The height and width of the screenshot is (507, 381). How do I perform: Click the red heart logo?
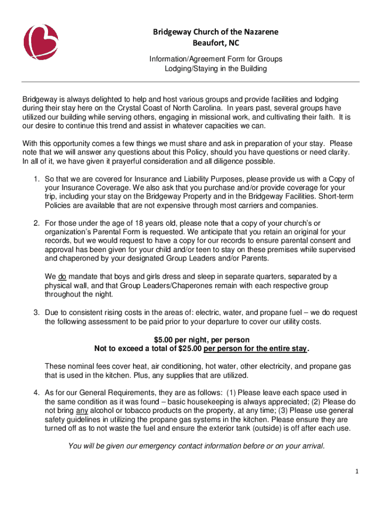[42, 42]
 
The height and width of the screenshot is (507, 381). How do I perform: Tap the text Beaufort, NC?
[215, 44]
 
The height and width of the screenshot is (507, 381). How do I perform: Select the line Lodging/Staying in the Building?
[216, 69]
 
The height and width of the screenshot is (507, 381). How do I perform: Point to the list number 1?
[37, 178]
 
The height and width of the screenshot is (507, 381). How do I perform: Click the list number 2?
[37, 223]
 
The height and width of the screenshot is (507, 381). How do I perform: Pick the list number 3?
[37, 312]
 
